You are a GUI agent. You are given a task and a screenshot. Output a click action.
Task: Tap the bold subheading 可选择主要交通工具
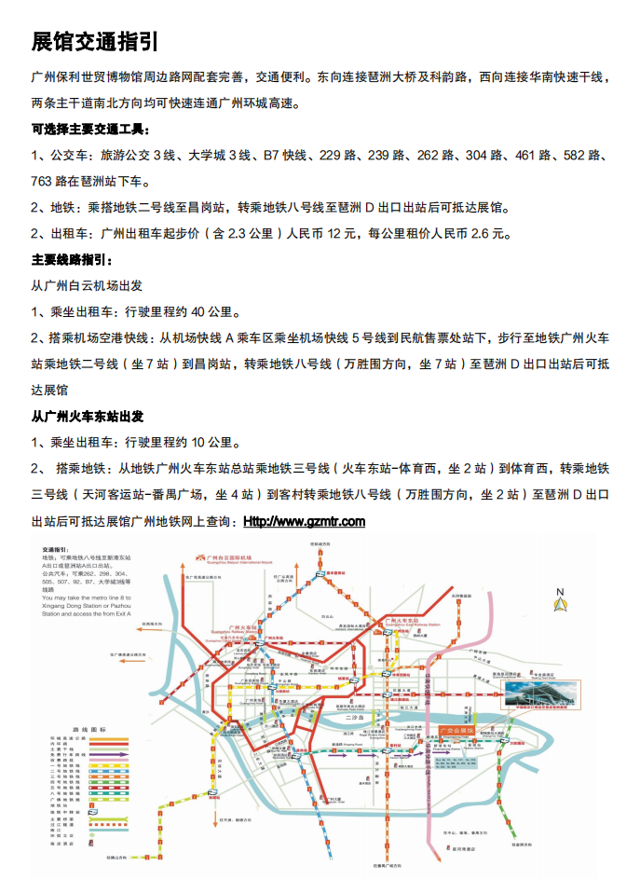(x=90, y=130)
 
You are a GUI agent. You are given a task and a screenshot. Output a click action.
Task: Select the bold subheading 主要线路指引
(x=72, y=259)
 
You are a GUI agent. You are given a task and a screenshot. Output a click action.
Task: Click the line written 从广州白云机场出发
(x=87, y=285)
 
